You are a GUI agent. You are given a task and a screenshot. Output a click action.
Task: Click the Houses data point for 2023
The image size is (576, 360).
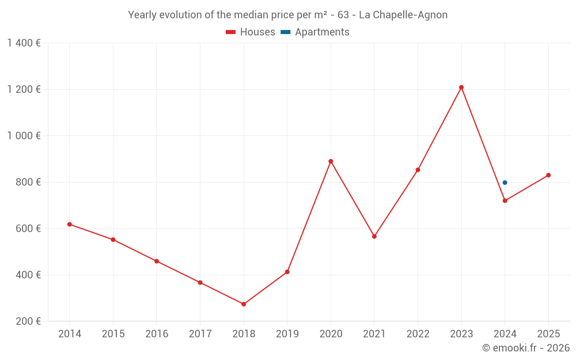461,88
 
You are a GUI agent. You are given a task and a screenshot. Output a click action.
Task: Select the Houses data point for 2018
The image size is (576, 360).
244,304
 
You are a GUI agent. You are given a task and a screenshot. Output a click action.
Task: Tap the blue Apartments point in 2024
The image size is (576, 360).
505,183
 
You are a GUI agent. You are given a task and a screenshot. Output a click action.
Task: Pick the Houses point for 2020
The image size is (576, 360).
331,161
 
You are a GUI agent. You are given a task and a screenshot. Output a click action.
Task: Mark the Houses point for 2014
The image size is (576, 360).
70,224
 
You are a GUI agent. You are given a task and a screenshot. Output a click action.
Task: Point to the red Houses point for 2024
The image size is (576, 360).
505,200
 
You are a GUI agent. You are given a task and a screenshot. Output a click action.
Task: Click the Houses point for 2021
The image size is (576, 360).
374,236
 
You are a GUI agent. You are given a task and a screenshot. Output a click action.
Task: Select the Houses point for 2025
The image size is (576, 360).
548,175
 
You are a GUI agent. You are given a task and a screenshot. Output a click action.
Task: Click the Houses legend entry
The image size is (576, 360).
251,32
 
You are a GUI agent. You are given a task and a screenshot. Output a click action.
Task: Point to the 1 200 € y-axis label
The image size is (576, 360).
24,89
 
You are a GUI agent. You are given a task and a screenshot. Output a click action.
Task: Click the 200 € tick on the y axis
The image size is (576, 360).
27,321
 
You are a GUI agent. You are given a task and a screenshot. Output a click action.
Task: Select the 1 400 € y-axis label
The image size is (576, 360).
24,43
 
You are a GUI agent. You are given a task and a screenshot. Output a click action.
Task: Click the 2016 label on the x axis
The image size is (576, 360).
157,334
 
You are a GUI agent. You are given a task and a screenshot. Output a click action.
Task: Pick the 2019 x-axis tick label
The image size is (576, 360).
287,334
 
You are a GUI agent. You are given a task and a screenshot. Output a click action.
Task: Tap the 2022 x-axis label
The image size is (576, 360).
418,334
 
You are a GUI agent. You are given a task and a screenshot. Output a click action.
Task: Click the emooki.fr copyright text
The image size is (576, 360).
525,348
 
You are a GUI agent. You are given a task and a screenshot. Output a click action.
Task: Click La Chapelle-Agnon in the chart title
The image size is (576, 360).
403,15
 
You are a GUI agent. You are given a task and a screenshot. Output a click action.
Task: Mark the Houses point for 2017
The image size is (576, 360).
200,283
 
